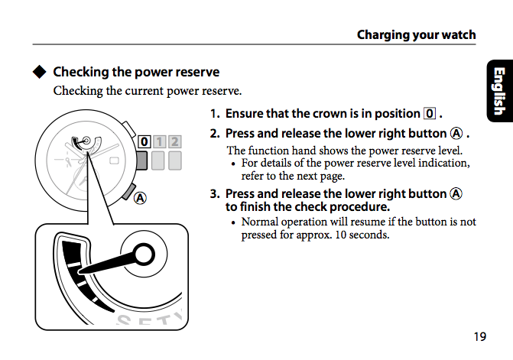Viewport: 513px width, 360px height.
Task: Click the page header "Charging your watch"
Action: pos(416,34)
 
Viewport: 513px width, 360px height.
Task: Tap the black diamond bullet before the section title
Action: pos(40,73)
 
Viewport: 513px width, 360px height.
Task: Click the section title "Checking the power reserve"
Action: pos(136,73)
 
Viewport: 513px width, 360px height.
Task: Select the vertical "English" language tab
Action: pos(498,91)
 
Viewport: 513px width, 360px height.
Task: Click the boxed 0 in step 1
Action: pos(430,114)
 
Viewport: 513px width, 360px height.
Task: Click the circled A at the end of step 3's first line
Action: pos(456,193)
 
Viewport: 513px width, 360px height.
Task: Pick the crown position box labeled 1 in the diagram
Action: pos(159,141)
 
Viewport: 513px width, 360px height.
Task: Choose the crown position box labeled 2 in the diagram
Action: pos(175,141)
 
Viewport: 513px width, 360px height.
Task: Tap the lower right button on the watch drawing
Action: pos(128,187)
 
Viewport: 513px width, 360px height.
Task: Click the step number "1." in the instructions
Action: pos(216,114)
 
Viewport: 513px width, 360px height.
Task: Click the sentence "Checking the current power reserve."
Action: pos(147,91)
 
